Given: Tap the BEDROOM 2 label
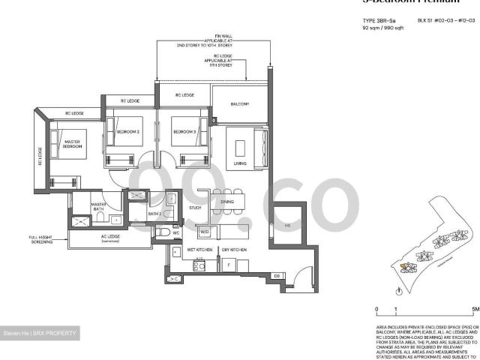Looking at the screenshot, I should pyautogui.click(x=128, y=132).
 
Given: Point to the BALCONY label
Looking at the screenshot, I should pyautogui.click(x=239, y=103).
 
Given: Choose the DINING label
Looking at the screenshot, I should pyautogui.click(x=227, y=201).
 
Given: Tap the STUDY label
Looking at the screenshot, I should pyautogui.click(x=195, y=208).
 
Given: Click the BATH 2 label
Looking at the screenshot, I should pyautogui.click(x=154, y=214).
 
